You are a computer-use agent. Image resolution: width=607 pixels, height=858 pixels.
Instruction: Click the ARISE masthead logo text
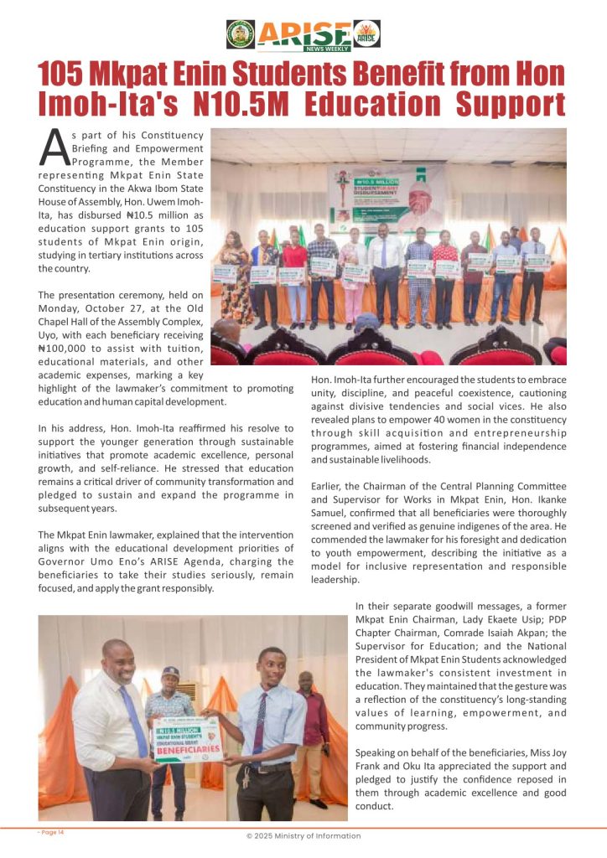[x=304, y=33]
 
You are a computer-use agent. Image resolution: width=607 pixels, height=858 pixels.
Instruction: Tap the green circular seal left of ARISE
[x=241, y=34]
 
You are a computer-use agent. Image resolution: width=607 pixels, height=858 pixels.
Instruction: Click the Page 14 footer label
[x=51, y=831]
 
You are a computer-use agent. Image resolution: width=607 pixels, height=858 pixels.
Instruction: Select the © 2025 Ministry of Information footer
[x=303, y=836]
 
